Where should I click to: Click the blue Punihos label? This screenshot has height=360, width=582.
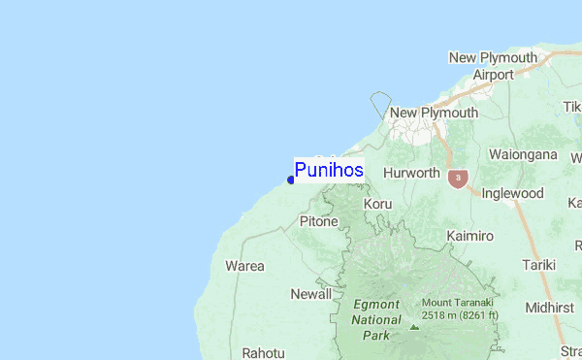tap(329, 171)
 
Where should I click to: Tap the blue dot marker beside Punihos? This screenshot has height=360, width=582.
tap(291, 179)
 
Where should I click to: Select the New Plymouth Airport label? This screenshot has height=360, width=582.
tap(493, 66)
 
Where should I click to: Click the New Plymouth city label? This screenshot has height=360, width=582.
tap(434, 113)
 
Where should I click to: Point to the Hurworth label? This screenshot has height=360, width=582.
tap(412, 173)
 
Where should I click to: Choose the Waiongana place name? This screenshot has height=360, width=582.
tap(523, 154)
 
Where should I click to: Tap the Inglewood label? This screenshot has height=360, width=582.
tap(513, 193)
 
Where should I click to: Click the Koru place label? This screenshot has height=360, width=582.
tap(377, 204)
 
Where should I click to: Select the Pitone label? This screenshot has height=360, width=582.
tap(318, 221)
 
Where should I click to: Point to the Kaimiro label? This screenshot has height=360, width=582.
tap(470, 236)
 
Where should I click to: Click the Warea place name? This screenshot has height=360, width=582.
tap(244, 265)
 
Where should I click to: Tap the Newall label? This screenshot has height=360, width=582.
tap(310, 293)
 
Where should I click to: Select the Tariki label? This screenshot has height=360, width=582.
tap(538, 264)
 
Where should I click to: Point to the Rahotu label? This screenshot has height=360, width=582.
tap(263, 353)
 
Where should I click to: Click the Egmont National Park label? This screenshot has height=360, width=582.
tap(376, 319)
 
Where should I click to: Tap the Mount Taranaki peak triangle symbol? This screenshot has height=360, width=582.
tap(414, 327)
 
